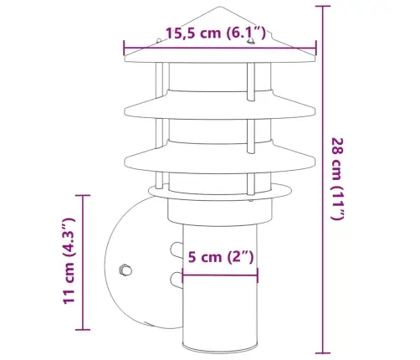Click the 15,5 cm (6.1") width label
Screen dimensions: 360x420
point(216,33)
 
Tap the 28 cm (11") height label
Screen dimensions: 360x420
point(337,178)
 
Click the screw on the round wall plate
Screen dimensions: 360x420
point(125,270)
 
